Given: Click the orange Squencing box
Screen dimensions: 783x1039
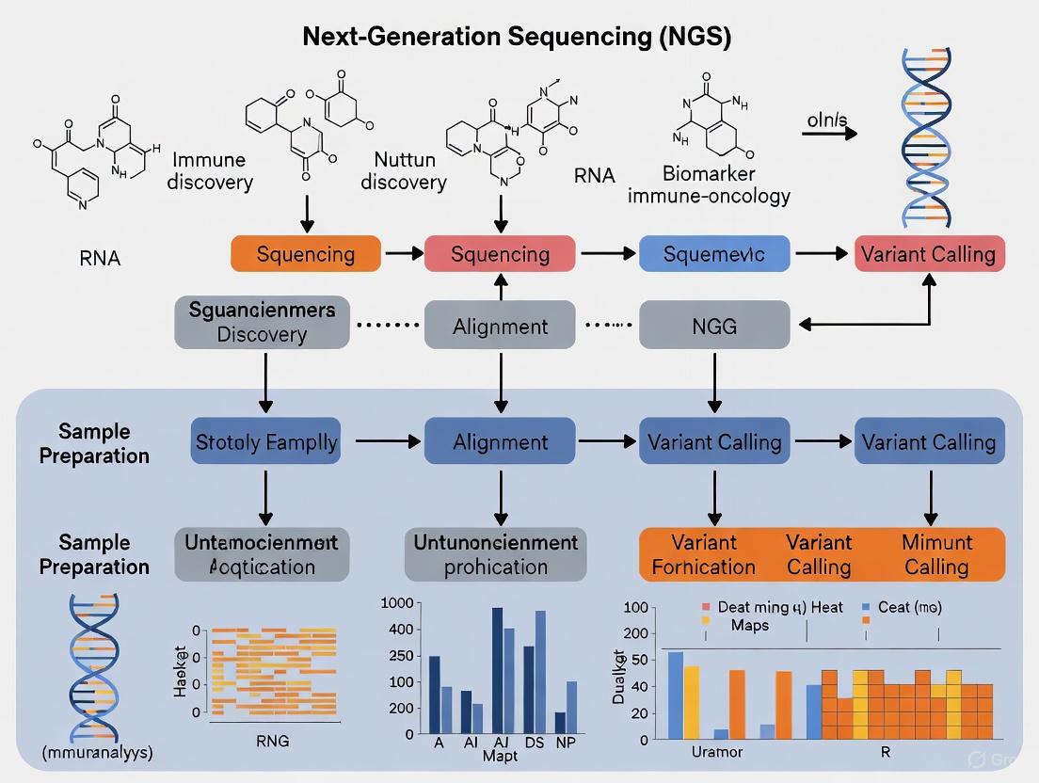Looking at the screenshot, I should point(306,254).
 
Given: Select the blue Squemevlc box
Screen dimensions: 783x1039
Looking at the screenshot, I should point(713,254).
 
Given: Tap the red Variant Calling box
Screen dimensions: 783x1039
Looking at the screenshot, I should point(930,254).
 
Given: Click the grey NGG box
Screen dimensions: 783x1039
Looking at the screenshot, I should point(713,327).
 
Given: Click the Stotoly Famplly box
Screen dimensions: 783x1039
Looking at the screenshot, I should point(265,442).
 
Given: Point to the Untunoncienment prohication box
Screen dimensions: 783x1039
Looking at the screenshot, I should point(496,554).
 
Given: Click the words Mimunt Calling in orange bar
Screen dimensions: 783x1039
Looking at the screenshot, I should point(935,554).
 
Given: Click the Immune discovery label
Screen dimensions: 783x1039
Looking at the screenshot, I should point(210,171).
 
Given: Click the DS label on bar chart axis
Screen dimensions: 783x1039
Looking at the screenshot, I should point(535,743).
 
